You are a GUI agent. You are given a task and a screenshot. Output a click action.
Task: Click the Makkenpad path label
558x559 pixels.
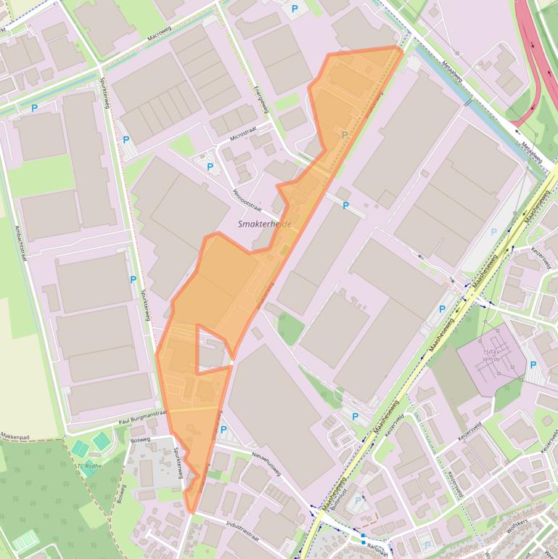pos(17,437)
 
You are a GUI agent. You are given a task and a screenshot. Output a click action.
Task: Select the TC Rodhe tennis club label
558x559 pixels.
pos(88,465)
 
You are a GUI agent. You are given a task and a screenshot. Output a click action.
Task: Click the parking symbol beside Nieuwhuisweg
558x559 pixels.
pos(223,430)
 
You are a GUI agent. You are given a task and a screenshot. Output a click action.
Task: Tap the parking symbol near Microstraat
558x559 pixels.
pos(210,167)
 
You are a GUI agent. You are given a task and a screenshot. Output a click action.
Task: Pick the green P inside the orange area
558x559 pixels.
pos(345,134)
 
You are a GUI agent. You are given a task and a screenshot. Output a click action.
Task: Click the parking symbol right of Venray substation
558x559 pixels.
pos(533,365)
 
